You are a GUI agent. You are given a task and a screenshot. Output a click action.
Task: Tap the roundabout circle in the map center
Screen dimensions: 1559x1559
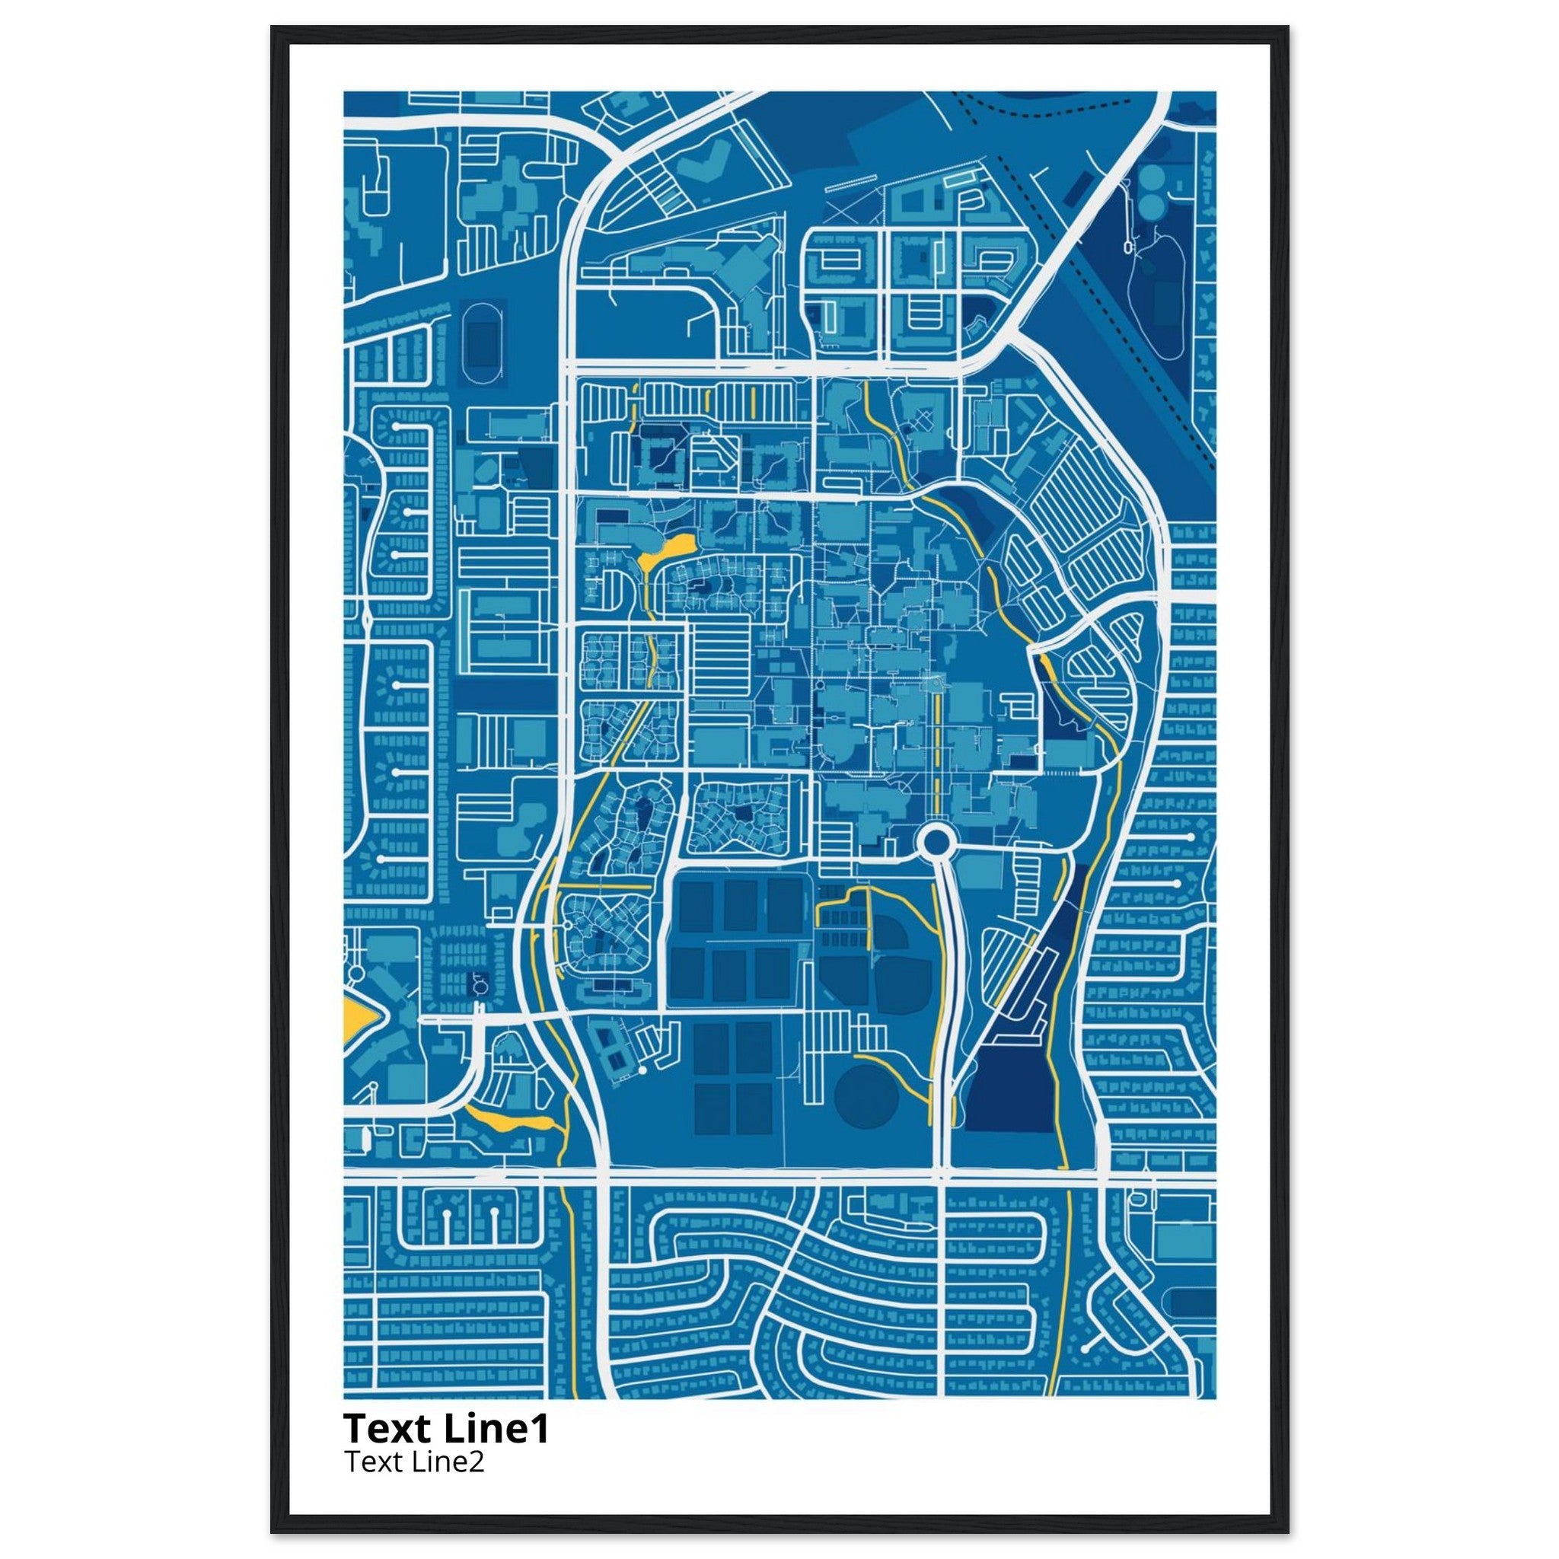coord(936,843)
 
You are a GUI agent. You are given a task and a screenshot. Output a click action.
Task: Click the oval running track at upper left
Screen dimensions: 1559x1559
coord(483,345)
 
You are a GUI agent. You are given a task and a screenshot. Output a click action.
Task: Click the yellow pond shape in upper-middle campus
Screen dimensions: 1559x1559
coord(667,550)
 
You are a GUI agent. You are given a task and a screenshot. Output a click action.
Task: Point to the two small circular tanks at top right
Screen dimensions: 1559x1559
coord(1150,193)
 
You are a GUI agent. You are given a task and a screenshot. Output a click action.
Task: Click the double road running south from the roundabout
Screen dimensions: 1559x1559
coord(945,1009)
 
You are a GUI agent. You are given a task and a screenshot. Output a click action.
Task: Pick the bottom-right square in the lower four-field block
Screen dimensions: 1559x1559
coord(754,1108)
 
